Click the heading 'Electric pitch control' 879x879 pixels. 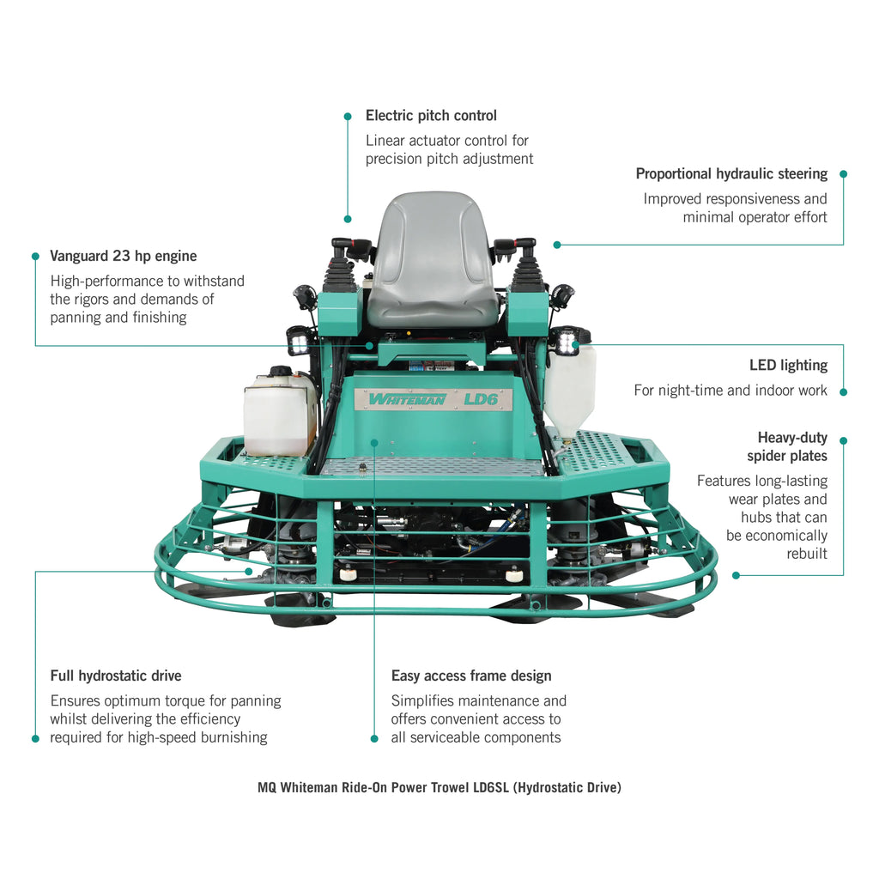pos(431,116)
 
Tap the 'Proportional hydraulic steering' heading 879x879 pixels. pos(731,174)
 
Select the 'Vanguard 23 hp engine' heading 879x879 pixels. pos(124,256)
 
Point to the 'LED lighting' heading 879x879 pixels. pos(788,366)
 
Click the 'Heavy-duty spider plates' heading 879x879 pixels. pos(787,446)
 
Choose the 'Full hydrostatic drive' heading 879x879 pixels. pos(116,676)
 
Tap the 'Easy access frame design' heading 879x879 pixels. pos(471,676)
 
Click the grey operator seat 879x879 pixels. pos(433,258)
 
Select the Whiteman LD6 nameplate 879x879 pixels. pos(433,399)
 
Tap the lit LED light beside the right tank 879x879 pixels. pos(567,342)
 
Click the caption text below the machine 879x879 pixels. pos(439,787)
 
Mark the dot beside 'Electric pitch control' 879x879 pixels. pos(348,116)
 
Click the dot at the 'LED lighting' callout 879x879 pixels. pos(843,391)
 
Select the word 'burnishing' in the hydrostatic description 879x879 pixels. pos(234,737)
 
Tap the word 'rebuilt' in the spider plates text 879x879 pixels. pos(807,554)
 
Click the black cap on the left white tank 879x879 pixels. pos(280,372)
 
